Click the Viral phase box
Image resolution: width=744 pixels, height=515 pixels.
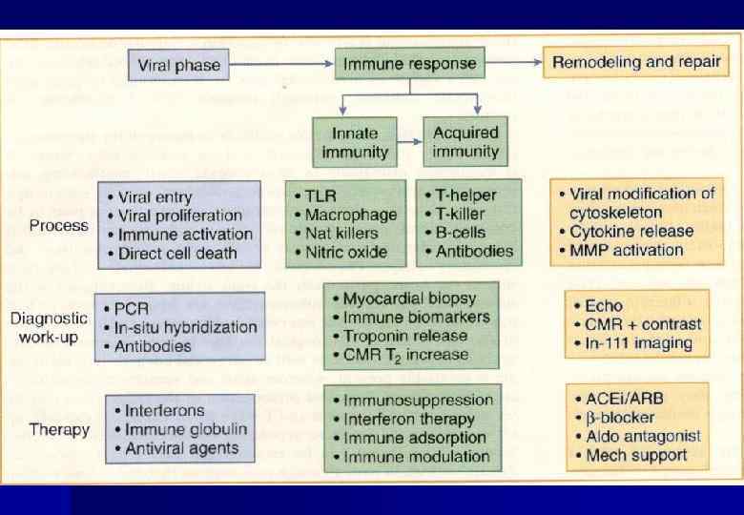[179, 65]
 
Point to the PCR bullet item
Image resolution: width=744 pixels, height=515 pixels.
[131, 309]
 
